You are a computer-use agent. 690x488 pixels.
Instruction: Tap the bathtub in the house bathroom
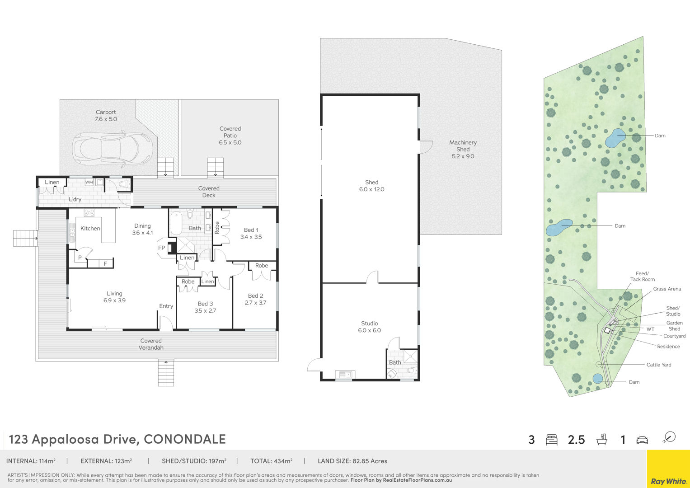(177, 223)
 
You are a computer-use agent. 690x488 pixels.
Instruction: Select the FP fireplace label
(161, 248)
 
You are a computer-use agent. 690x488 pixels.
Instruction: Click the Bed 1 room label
(251, 230)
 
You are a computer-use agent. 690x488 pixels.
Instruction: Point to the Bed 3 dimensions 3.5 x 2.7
(205, 310)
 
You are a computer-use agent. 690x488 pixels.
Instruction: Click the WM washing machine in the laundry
(89, 182)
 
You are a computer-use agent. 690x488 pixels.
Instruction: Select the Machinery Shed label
(463, 145)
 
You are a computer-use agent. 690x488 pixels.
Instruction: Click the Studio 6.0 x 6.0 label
(369, 327)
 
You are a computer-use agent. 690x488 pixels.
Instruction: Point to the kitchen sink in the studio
(345, 374)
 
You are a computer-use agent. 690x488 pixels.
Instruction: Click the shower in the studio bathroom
(411, 357)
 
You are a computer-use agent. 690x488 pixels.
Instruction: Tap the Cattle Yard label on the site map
(658, 365)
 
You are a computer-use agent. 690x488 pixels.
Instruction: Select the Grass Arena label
(667, 289)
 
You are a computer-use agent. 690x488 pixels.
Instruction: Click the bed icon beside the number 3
(551, 440)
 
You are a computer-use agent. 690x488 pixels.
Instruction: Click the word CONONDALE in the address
(185, 439)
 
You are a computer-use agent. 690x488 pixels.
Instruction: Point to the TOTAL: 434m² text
(271, 461)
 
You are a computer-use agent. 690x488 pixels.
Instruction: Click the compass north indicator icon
(670, 437)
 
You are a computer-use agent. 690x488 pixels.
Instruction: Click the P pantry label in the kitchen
(80, 258)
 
